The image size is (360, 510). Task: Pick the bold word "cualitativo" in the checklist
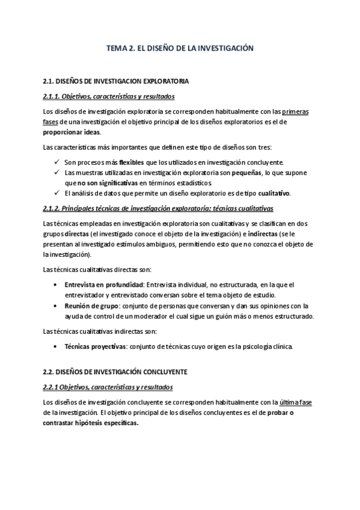[x=274, y=193]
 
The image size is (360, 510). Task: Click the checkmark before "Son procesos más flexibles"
[x=56, y=162]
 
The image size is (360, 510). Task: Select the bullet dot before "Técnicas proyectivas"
[x=56, y=347]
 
